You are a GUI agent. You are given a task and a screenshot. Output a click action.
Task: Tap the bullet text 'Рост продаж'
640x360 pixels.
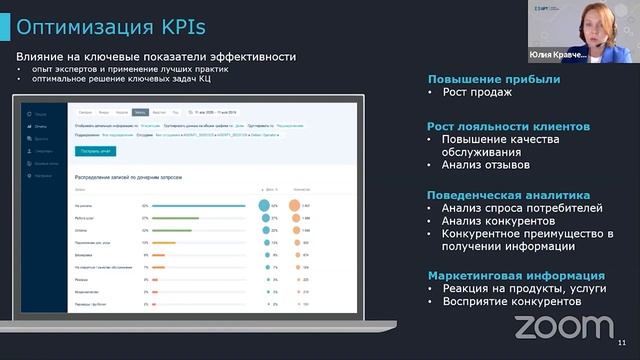click(x=477, y=93)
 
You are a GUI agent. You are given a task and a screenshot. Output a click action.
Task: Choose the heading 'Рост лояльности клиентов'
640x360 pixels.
click(x=508, y=127)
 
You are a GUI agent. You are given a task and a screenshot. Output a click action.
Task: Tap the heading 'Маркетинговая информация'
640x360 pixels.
click(x=515, y=274)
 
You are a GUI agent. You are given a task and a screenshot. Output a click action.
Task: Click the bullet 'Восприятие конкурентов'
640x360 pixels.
click(x=511, y=302)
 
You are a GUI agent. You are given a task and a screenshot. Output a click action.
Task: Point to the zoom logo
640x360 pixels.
click(x=563, y=326)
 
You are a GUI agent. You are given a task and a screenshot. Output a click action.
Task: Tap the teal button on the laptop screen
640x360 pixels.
click(x=96, y=151)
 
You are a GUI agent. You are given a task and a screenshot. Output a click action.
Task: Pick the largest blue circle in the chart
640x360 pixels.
click(x=265, y=205)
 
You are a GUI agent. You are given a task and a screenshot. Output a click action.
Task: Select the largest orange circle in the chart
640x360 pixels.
click(x=295, y=205)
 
